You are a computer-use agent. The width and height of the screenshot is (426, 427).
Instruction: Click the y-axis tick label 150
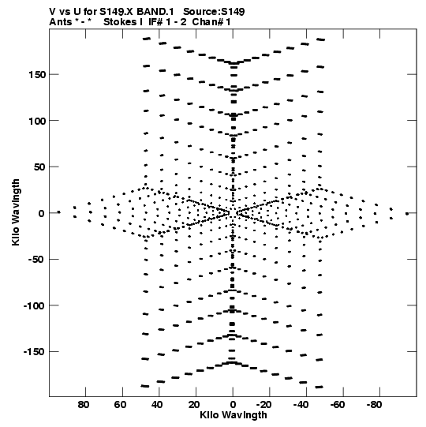[37, 75]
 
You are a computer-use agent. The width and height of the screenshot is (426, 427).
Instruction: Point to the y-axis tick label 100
[37, 121]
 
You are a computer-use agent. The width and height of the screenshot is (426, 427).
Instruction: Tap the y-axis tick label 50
[39, 167]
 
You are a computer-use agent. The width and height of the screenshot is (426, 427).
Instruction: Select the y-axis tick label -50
[37, 260]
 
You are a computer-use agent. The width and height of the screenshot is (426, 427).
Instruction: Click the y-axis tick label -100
[34, 305]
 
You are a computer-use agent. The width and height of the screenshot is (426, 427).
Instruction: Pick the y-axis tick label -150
[34, 352]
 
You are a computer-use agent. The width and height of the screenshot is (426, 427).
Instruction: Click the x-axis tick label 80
[84, 405]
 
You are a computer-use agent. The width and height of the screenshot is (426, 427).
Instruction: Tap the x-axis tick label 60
[121, 405]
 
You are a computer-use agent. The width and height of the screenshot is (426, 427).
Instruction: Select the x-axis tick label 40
[157, 405]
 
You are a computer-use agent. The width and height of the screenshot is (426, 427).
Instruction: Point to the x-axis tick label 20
[194, 405]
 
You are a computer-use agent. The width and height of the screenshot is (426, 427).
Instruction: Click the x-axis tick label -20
[264, 405]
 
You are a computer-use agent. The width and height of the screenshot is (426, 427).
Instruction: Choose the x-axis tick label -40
[301, 405]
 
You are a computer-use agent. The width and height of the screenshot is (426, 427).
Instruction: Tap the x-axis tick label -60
[338, 405]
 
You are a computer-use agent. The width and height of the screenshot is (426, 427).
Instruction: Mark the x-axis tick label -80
[375, 405]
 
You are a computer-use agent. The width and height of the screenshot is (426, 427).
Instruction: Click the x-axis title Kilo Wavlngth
[234, 415]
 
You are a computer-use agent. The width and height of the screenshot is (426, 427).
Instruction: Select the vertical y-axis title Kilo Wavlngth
[16, 212]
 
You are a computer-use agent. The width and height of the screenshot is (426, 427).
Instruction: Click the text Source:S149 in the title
[214, 12]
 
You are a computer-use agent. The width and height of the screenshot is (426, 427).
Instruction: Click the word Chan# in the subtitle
[208, 22]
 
